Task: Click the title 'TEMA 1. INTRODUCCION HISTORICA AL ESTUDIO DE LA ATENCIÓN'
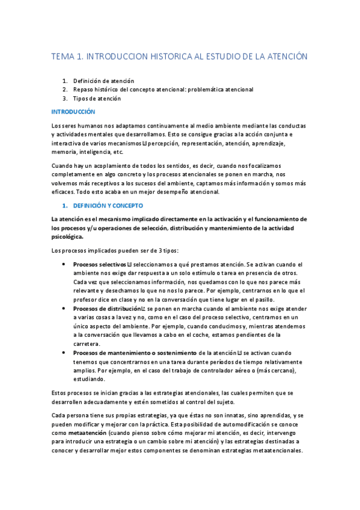(180, 57)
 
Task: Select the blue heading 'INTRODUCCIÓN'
(73, 112)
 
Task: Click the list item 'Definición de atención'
(103, 81)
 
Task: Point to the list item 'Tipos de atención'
(97, 98)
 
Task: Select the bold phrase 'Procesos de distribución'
(107, 309)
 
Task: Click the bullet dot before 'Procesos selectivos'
(64, 264)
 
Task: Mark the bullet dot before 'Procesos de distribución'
(64, 309)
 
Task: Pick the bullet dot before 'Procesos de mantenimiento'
(64, 352)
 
